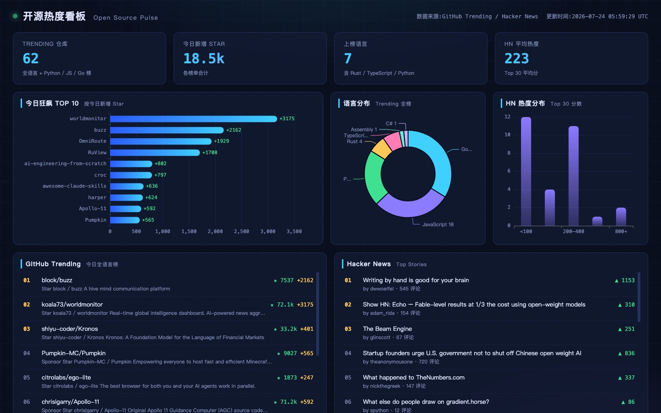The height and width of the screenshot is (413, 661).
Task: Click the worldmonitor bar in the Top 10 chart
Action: click(x=194, y=118)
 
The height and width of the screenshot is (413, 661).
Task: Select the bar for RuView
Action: click(x=155, y=152)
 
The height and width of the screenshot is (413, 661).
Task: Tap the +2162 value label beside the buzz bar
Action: click(x=233, y=130)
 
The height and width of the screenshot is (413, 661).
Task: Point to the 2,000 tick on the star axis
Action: click(x=215, y=232)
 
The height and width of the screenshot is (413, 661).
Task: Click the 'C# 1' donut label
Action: click(x=391, y=123)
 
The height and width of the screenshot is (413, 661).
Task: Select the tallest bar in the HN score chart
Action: click(x=526, y=172)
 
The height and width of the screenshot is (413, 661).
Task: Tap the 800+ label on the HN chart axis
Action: click(x=621, y=232)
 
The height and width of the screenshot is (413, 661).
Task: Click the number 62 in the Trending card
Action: click(x=31, y=58)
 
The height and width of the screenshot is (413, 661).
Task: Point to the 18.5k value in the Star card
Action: click(x=204, y=58)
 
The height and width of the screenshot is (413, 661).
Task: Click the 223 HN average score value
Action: click(x=516, y=58)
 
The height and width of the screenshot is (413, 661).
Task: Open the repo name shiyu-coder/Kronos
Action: click(x=70, y=329)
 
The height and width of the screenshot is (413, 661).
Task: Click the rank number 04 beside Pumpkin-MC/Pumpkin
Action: click(x=27, y=353)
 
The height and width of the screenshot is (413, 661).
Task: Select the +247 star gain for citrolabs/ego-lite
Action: click(x=307, y=378)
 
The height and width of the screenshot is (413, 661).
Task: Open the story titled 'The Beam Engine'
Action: click(x=387, y=329)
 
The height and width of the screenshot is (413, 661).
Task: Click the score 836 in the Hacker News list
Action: click(x=629, y=353)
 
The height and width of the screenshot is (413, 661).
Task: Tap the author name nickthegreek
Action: click(x=385, y=386)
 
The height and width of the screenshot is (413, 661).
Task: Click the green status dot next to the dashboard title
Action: click(x=15, y=16)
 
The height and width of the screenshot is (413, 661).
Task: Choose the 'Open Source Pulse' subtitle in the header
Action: click(x=125, y=18)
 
